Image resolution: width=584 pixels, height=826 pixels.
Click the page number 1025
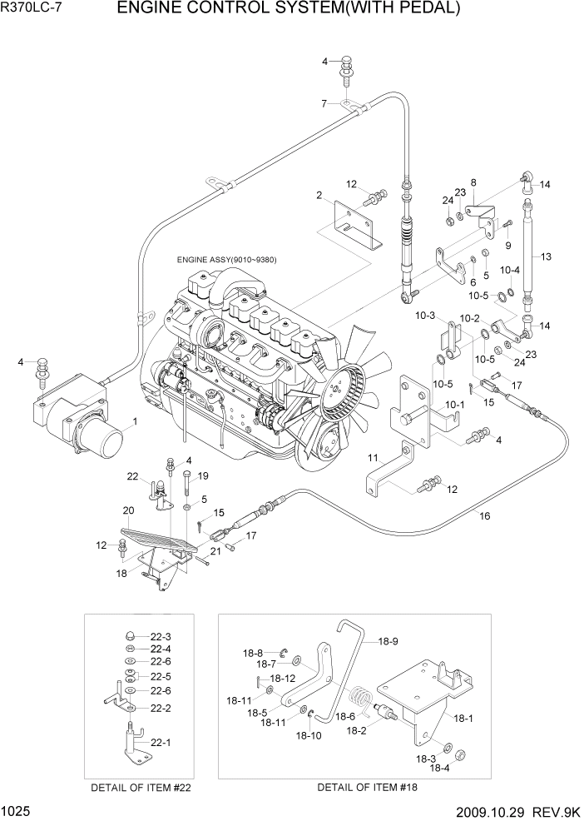[18, 809]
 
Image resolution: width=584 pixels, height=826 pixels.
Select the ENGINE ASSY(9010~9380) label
[226, 260]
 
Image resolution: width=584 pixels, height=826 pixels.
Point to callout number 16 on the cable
[484, 516]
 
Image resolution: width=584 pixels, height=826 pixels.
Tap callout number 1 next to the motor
[134, 422]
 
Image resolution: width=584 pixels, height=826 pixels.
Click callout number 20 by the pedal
[128, 510]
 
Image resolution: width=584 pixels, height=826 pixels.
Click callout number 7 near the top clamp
[325, 103]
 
